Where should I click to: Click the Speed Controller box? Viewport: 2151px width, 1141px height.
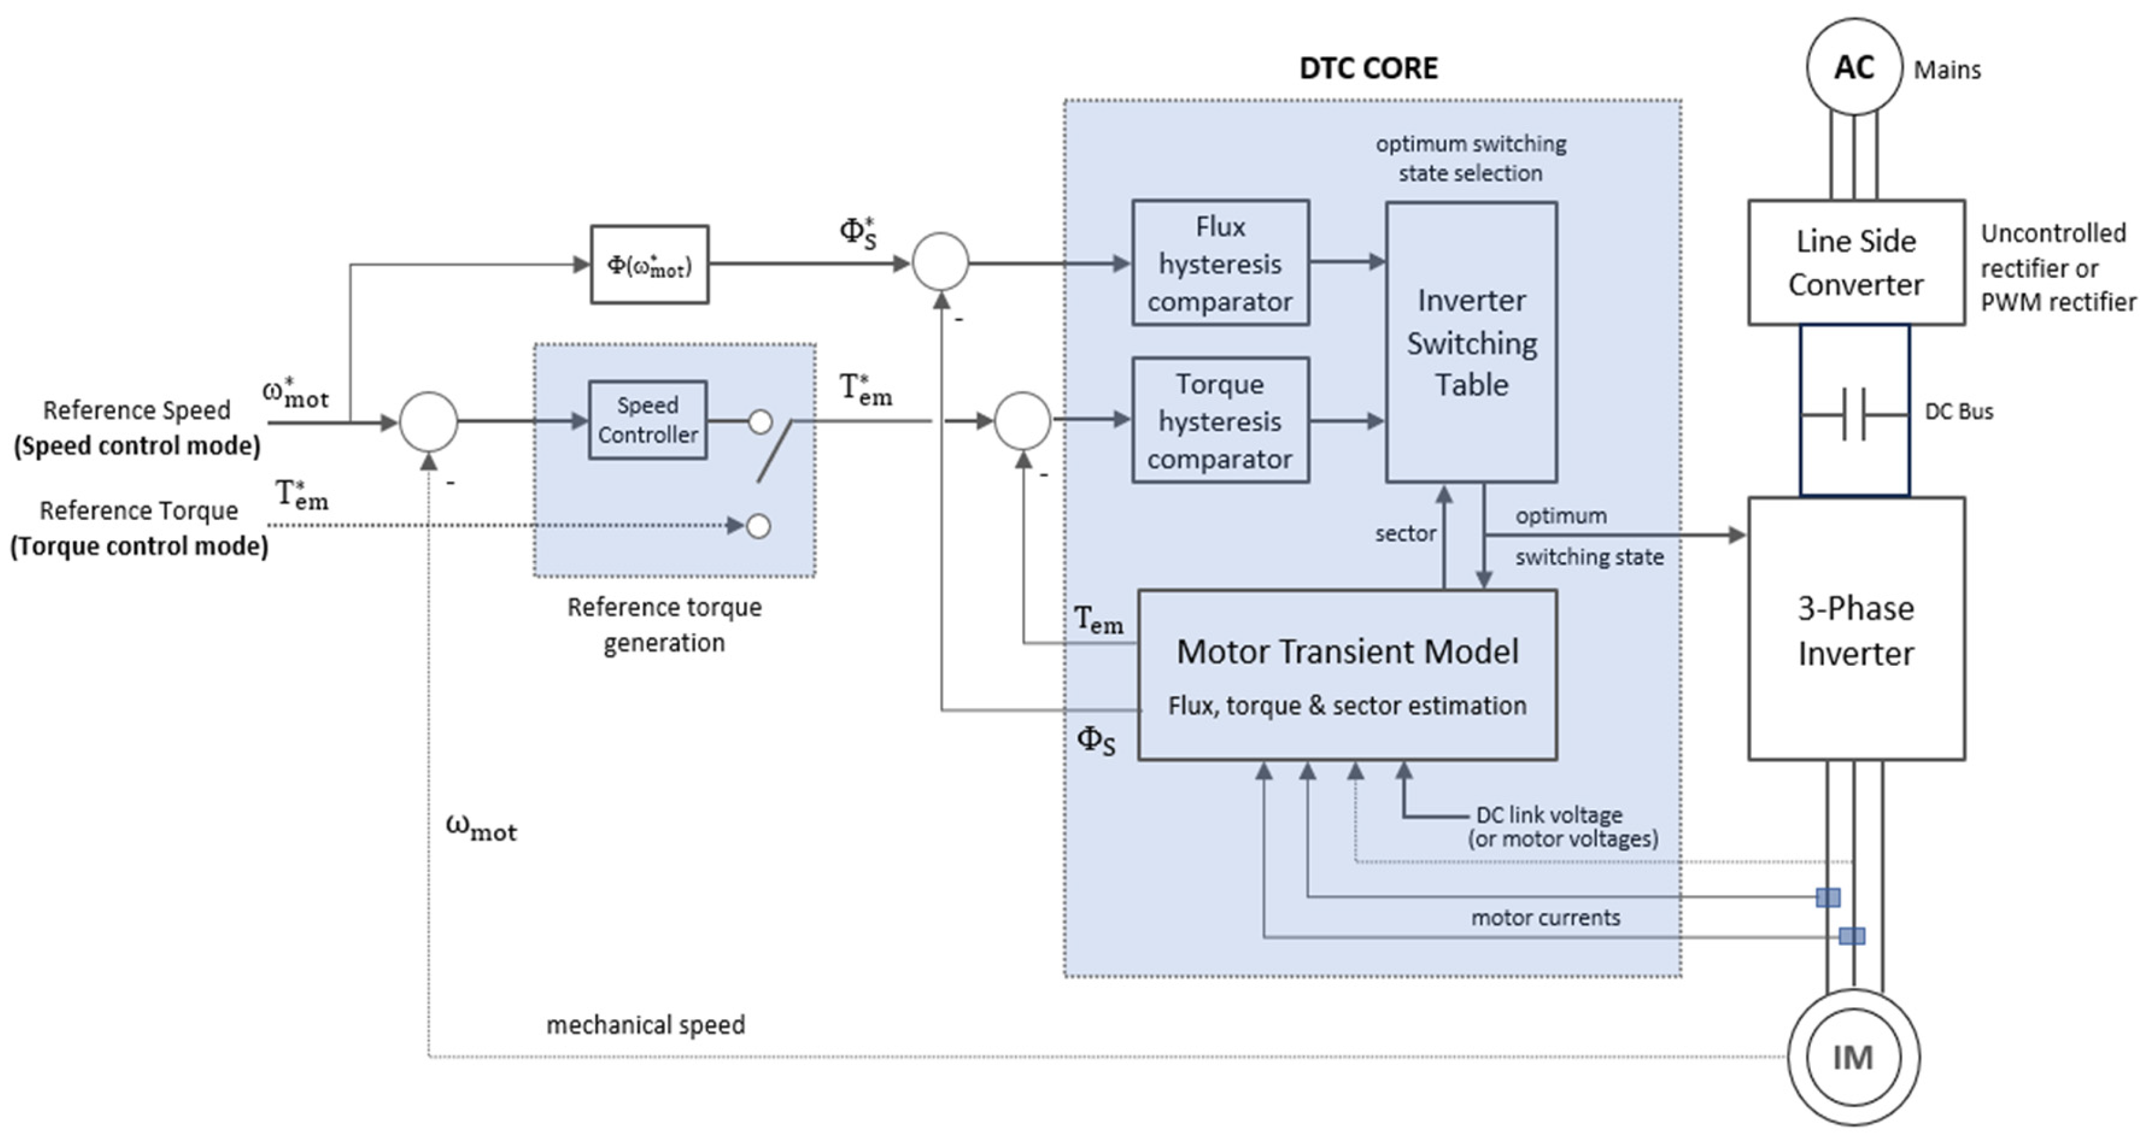pyautogui.click(x=647, y=420)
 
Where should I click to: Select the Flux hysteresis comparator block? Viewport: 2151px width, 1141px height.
pyautogui.click(x=1220, y=263)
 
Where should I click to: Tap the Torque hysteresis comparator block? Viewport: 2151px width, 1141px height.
pyautogui.click(x=1220, y=421)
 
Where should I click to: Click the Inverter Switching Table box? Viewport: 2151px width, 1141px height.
pyautogui.click(x=1471, y=342)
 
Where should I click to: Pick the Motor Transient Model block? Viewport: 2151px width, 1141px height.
pyautogui.click(x=1347, y=674)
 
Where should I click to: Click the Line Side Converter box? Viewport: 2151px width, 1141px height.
pyautogui.click(x=1856, y=262)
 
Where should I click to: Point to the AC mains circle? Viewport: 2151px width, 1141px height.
pyautogui.click(x=1854, y=67)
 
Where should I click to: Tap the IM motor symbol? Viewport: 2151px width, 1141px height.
pyautogui.click(x=1853, y=1058)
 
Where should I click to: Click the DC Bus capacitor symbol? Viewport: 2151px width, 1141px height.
pyautogui.click(x=1854, y=413)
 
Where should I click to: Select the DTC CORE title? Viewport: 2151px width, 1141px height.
pyautogui.click(x=1368, y=69)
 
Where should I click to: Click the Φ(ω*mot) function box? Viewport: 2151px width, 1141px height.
pyautogui.click(x=649, y=264)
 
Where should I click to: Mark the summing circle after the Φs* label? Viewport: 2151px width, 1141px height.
pyautogui.click(x=940, y=262)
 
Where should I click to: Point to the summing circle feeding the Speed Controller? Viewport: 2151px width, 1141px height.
pyautogui.click(x=429, y=421)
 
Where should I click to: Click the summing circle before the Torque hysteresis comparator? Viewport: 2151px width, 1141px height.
pyautogui.click(x=1022, y=421)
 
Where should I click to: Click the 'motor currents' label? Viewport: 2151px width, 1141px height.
pyautogui.click(x=1545, y=918)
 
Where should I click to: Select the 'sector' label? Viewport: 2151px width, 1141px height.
pyautogui.click(x=1405, y=533)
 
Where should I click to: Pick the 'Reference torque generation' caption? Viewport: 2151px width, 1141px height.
pyautogui.click(x=664, y=624)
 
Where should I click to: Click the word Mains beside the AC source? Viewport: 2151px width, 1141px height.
pyautogui.click(x=1947, y=70)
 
